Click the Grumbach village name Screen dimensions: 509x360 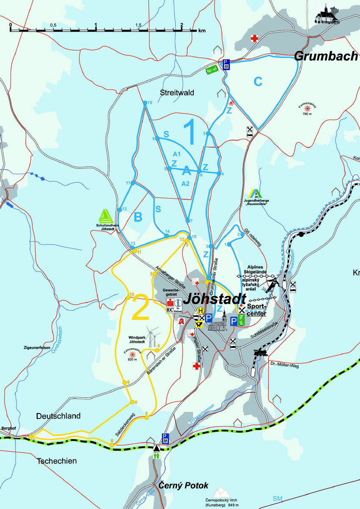click(x=326, y=56)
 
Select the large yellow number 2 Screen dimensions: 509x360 click(x=141, y=309)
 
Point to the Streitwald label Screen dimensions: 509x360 click(x=176, y=93)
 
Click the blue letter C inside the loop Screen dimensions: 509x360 click(x=258, y=82)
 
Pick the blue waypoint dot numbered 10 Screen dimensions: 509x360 click(x=145, y=103)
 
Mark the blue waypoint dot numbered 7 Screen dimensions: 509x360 click(x=187, y=221)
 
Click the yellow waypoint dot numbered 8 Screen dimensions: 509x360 click(x=132, y=402)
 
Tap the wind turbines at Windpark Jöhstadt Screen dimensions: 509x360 click(x=154, y=337)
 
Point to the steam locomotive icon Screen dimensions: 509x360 click(x=260, y=353)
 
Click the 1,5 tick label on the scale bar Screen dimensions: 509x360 click(x=138, y=25)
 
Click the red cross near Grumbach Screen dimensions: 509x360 click(x=254, y=38)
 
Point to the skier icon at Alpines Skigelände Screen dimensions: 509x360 click(x=272, y=283)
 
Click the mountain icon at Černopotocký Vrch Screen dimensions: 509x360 click(x=220, y=492)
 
